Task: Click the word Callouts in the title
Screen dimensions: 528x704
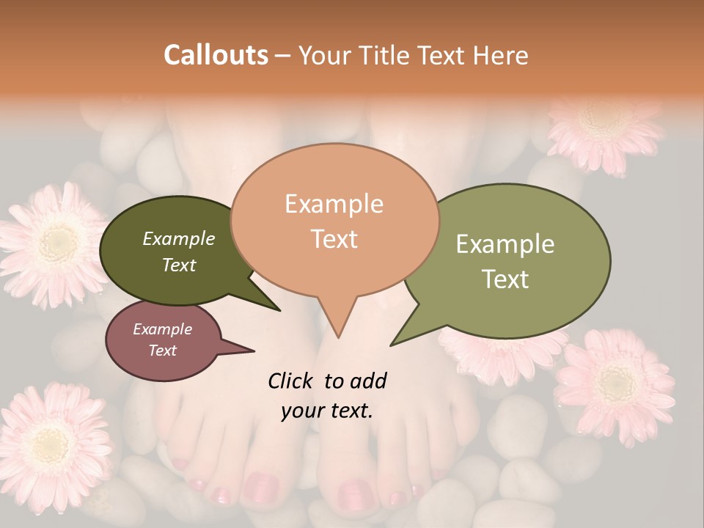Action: point(216,55)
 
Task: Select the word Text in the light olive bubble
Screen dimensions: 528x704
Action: point(506,279)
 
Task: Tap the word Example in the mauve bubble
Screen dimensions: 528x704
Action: point(163,329)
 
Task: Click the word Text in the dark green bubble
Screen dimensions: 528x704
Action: point(179,265)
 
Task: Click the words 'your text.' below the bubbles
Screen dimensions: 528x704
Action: point(327,411)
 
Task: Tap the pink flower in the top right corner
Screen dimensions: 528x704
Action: point(603,128)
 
